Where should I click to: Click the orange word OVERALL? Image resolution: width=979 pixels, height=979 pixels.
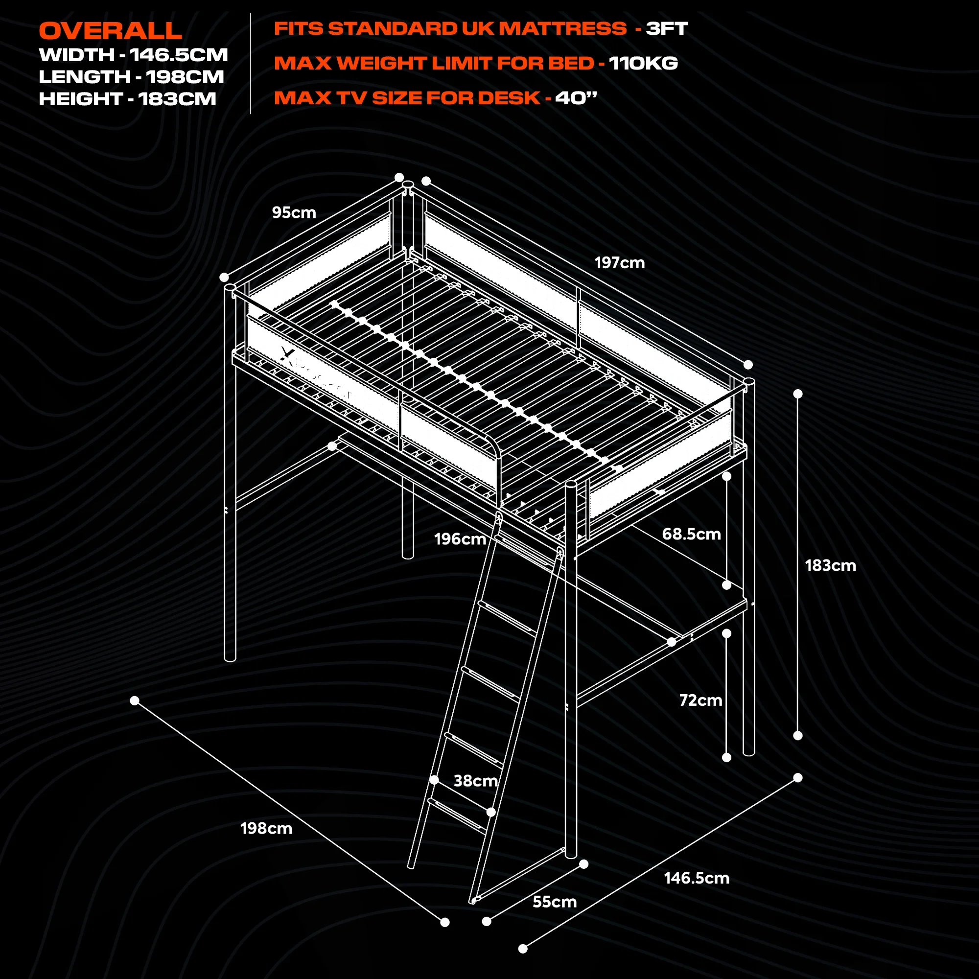[111, 31]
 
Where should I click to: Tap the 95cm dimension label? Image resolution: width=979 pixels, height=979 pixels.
[294, 212]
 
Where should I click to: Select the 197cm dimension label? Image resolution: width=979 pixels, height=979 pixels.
[619, 262]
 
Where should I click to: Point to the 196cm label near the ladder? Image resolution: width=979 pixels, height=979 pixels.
[460, 538]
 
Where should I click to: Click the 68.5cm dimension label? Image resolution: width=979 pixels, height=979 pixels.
[691, 534]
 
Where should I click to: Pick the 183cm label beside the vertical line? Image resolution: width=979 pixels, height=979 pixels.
[830, 565]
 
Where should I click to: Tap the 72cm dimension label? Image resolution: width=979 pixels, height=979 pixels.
[700, 700]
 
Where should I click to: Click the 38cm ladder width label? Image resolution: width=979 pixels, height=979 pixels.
[475, 780]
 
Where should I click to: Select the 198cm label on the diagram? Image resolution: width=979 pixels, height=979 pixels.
[266, 828]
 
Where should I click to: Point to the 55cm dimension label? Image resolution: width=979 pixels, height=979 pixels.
[555, 902]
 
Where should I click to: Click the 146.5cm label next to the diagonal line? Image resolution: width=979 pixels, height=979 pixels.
[696, 878]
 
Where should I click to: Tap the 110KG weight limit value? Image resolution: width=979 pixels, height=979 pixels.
[643, 63]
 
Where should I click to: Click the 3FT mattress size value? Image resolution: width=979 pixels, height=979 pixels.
[666, 28]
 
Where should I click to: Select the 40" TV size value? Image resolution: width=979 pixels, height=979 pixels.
[576, 98]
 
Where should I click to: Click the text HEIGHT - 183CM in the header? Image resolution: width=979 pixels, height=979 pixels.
[127, 99]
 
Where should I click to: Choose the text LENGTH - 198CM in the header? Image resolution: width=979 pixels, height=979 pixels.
[131, 77]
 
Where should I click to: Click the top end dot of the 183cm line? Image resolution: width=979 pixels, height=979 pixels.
[797, 394]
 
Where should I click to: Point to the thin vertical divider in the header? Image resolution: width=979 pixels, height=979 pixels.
[250, 64]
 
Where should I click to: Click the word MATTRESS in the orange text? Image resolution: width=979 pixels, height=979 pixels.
[562, 28]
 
